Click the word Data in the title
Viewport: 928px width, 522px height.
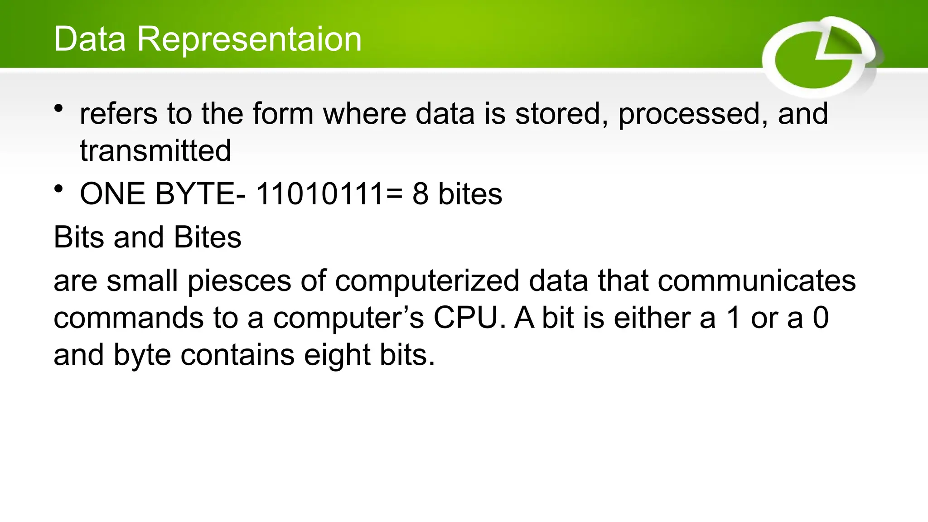pos(90,39)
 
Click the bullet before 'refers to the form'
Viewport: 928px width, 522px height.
pos(58,109)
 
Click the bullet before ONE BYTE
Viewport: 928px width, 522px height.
pos(58,189)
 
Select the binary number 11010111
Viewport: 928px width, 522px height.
pos(321,194)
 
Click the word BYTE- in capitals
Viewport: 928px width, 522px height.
pos(200,194)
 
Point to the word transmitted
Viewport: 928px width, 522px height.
pos(155,151)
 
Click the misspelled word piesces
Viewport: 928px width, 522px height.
pos(239,282)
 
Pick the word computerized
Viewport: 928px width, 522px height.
pos(427,281)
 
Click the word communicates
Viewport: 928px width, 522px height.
pos(757,281)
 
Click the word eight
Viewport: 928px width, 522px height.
pos(337,356)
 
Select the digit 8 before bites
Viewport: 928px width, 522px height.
pos(420,194)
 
